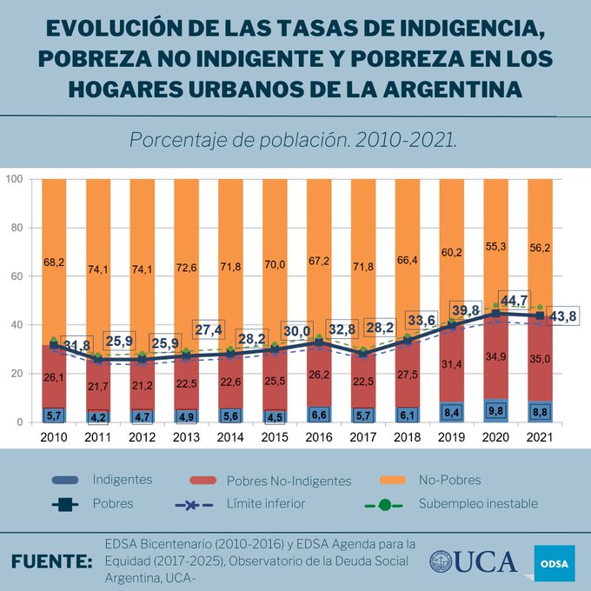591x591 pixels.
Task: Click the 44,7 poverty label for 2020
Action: click(513, 301)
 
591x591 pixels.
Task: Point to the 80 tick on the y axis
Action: click(13, 228)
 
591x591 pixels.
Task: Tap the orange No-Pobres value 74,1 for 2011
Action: click(98, 269)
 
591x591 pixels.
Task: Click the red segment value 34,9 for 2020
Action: click(495, 357)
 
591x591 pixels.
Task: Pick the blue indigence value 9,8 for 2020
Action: click(495, 411)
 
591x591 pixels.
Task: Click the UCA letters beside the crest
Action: click(488, 561)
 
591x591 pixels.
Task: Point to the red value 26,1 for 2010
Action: click(54, 377)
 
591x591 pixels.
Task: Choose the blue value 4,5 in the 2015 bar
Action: click(275, 415)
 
